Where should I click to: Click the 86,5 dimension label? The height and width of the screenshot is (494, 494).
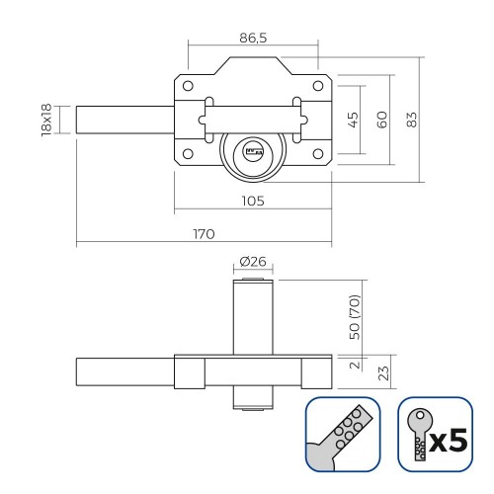point(253,37)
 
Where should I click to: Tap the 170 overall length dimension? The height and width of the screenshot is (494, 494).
point(204,233)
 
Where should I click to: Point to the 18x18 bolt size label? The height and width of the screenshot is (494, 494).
point(46,120)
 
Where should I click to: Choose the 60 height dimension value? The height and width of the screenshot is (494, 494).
point(382,118)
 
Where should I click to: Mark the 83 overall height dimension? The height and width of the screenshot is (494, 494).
point(412,118)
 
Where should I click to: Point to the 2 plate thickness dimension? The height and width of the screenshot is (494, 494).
point(354,365)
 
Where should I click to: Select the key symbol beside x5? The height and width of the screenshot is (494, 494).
point(419,436)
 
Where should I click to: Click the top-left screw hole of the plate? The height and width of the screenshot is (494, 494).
point(184,84)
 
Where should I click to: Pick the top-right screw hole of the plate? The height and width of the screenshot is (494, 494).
point(318,84)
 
